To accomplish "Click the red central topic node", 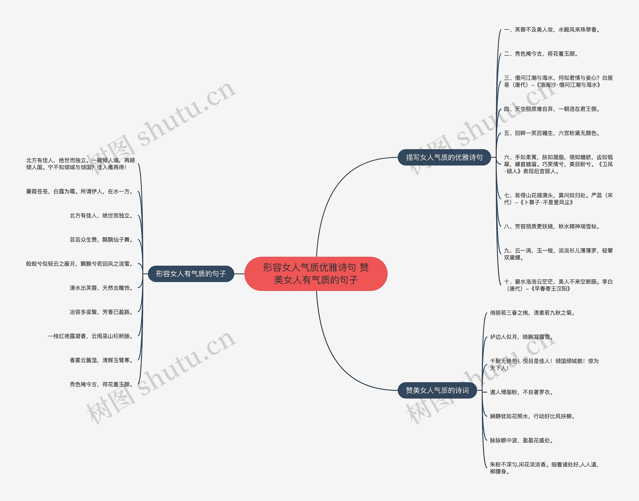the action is click(316, 274).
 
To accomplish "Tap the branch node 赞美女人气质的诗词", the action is click(437, 390).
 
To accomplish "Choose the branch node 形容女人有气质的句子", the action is click(191, 274).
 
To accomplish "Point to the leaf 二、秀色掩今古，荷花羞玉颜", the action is click(541, 54).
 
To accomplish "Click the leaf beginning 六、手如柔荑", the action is click(558, 164).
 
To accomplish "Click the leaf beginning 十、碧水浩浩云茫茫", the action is click(558, 285).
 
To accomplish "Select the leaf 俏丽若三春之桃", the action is click(532, 313).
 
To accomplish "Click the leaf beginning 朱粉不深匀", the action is click(544, 468).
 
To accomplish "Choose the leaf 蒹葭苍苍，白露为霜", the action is click(80, 192).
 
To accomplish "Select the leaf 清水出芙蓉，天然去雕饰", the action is click(102, 288).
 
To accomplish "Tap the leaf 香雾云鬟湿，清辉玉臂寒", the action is click(102, 360).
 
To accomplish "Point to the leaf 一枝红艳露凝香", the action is click(91, 336).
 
